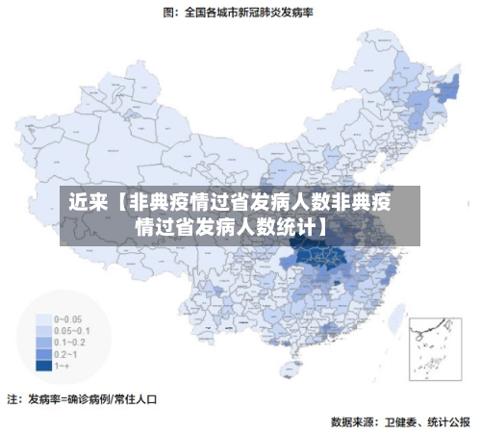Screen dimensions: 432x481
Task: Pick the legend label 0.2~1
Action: (69, 354)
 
